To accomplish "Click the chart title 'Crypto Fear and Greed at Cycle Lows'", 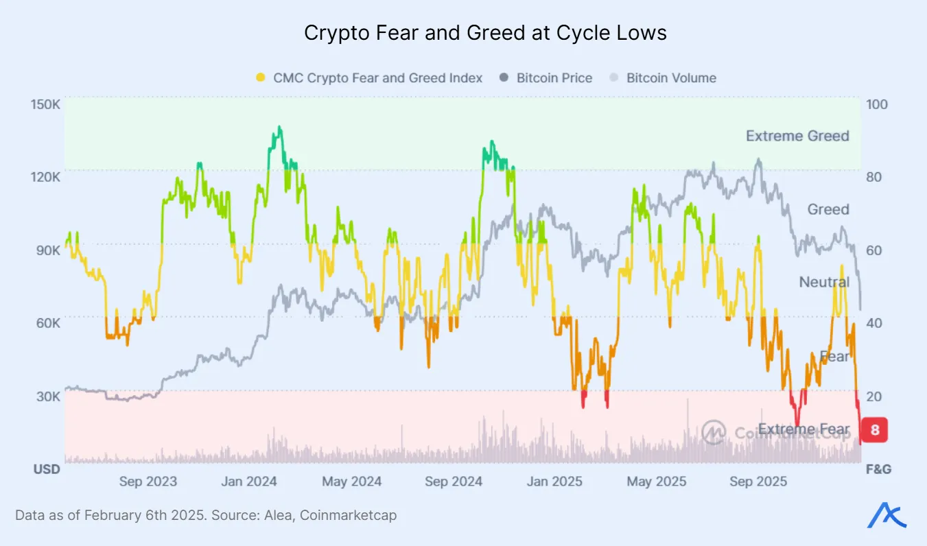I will tap(485, 33).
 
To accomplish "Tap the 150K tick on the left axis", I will tap(46, 104).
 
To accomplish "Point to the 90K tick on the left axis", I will tap(46, 250).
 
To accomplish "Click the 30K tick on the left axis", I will tap(46, 396).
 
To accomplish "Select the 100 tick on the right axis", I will tap(877, 104).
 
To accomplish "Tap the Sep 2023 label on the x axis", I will tap(148, 482).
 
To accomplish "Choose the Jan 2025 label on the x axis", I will tap(555, 482).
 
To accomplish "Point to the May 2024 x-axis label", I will tap(351, 482).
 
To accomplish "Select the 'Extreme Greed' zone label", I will tap(797, 136).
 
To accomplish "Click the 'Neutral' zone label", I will tap(824, 282).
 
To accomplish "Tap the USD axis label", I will tap(47, 470).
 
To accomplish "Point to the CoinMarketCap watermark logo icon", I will tap(714, 432).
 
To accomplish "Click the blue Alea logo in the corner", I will tap(887, 514).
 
